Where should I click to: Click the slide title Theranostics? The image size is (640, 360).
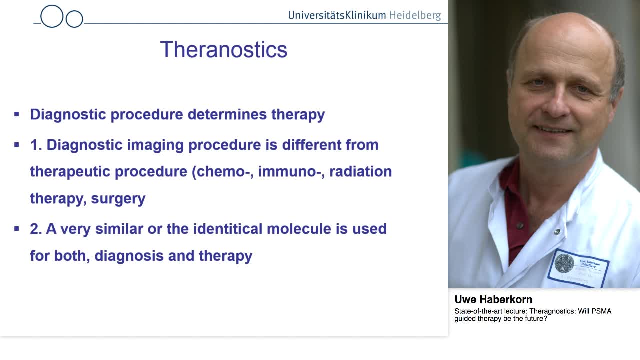click(x=223, y=50)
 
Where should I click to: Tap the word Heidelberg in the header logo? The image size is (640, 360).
click(x=415, y=15)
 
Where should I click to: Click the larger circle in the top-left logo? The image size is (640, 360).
click(x=52, y=16)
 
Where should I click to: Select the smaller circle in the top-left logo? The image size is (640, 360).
click(x=74, y=19)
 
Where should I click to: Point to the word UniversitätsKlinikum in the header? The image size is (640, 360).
click(x=337, y=15)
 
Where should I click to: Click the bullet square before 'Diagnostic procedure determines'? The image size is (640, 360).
click(x=17, y=114)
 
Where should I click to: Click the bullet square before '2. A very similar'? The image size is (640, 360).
click(x=17, y=229)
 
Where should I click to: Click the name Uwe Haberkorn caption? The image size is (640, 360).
click(x=493, y=300)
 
